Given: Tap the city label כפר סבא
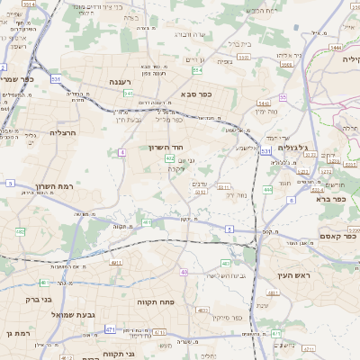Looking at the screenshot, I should pos(193,94).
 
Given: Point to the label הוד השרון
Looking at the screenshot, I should pos(166,146).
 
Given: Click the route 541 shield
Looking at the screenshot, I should pos(129,93).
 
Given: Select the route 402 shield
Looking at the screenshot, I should pos(170,158).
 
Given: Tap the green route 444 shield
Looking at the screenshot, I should pos(267,190).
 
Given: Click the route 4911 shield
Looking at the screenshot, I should pos(116,262).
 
